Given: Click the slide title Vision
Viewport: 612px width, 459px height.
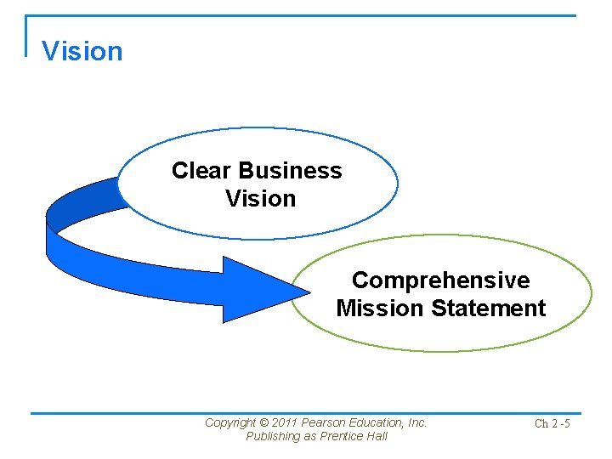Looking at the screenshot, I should [x=82, y=52].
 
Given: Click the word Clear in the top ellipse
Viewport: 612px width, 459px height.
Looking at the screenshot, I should [x=202, y=171].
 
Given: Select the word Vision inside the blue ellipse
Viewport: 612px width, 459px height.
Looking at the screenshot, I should [x=260, y=199].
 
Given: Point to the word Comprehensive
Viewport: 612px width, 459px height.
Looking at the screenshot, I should [x=440, y=280].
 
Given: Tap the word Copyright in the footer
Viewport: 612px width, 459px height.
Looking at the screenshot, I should [x=230, y=422].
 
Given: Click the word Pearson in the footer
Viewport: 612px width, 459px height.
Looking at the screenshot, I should [x=323, y=422].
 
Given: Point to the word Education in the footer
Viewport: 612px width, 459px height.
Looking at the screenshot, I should [x=377, y=422].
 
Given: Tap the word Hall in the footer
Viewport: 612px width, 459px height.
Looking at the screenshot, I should [x=376, y=436].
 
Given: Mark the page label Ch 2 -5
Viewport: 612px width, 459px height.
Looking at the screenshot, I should [x=552, y=423].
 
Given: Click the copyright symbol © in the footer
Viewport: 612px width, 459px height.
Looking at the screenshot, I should [x=263, y=422].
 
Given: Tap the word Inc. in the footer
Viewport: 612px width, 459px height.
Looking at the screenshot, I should [x=418, y=422].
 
